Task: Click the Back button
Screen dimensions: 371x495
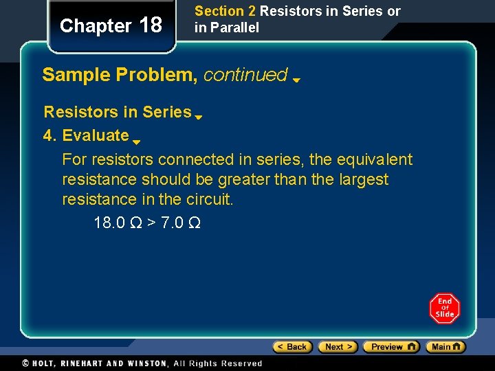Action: click(x=292, y=347)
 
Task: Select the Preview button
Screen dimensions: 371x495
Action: click(x=390, y=347)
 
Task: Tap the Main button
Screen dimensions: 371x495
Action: click(x=445, y=347)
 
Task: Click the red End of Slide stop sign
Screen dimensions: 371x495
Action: click(x=445, y=308)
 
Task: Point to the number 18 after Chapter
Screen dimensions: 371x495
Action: click(x=151, y=25)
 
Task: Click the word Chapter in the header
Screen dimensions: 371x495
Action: click(x=96, y=26)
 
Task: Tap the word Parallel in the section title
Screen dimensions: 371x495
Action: click(x=235, y=28)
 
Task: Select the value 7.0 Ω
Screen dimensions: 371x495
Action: click(x=181, y=223)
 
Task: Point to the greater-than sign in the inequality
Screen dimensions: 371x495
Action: click(x=148, y=223)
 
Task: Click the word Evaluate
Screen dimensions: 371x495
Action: click(x=96, y=135)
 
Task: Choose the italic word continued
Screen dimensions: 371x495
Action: click(x=245, y=74)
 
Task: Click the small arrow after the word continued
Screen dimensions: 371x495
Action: click(x=296, y=80)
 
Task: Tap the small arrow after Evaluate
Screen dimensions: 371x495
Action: click(x=136, y=142)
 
